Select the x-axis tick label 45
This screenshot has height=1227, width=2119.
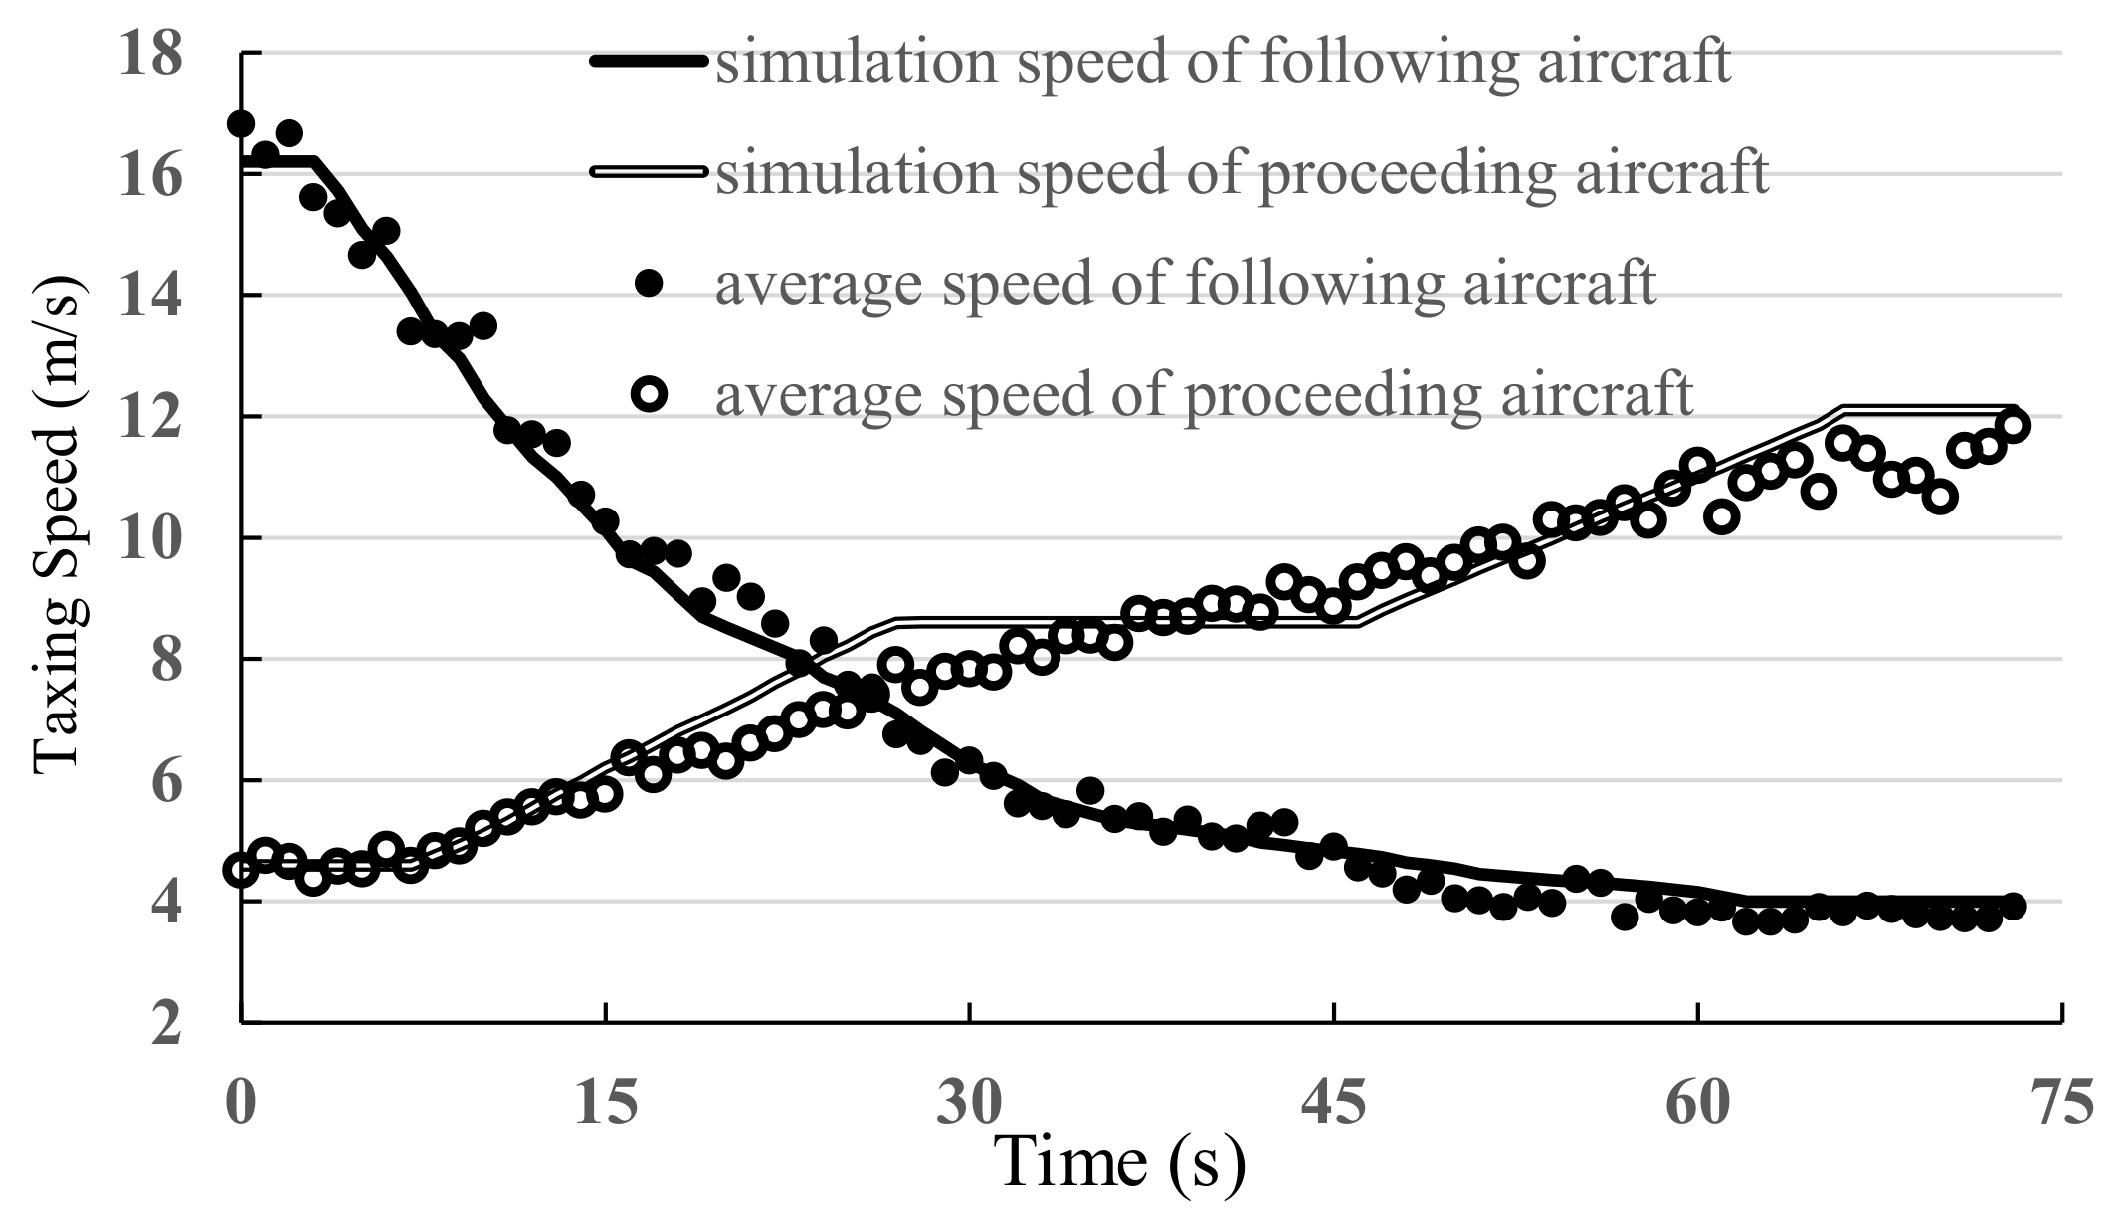[x=1333, y=1104]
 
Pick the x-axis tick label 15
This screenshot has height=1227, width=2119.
[x=605, y=1104]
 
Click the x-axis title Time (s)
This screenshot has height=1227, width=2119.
[x=1120, y=1161]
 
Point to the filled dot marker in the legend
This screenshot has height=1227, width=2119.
[x=650, y=284]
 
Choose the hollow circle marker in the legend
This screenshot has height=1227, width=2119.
[x=650, y=395]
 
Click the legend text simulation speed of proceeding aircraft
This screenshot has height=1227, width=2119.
[x=1242, y=172]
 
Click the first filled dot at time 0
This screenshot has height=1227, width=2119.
[x=241, y=123]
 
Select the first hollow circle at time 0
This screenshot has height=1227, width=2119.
[x=240, y=870]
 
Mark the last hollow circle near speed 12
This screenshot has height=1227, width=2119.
[x=2014, y=426]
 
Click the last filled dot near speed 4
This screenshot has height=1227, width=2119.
[x=2013, y=906]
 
